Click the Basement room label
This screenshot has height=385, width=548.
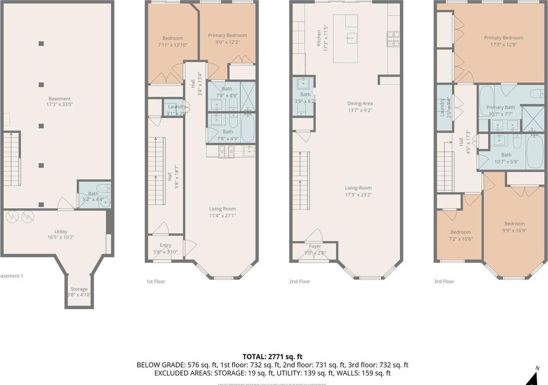point(59,101)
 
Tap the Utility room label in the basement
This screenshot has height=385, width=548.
point(61,234)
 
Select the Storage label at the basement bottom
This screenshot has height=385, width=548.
point(79,291)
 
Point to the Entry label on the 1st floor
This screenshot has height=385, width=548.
point(165,248)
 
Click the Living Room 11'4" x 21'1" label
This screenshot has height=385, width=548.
point(222,212)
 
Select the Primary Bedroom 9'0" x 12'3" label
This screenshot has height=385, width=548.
point(227,38)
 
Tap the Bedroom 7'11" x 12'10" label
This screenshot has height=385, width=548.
point(172,42)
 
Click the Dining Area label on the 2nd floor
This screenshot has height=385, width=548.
point(359,106)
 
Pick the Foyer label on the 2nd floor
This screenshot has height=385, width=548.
point(315,250)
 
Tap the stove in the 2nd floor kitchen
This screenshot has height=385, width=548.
point(393,36)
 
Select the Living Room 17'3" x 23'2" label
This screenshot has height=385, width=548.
point(358,191)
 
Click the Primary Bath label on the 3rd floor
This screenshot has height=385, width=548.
point(501,111)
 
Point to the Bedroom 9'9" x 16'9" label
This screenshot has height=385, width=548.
point(514,227)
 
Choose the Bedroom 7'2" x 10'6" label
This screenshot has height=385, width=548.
point(461,235)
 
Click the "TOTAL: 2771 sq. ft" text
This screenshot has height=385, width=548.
point(272,356)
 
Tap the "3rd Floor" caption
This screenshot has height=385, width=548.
point(443,281)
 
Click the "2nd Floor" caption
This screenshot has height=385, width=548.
point(299,281)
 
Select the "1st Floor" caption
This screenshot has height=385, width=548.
point(156,281)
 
